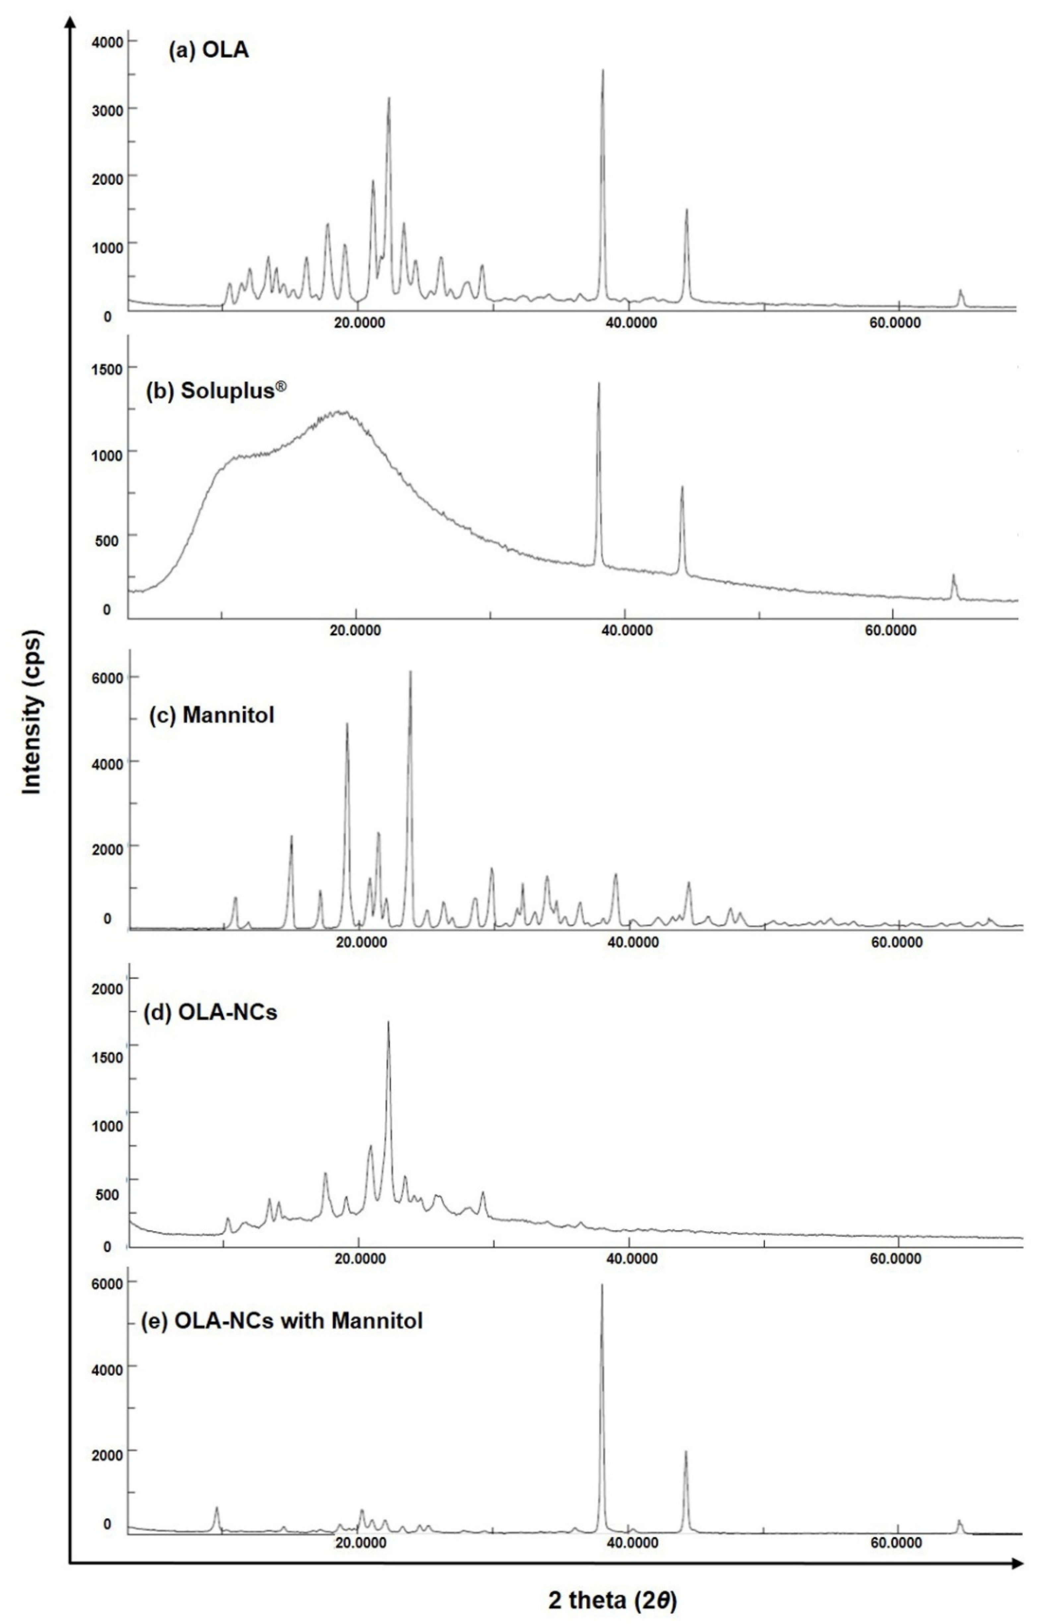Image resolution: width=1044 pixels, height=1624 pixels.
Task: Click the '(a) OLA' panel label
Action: point(208,51)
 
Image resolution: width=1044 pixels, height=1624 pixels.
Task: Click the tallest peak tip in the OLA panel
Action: point(603,70)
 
